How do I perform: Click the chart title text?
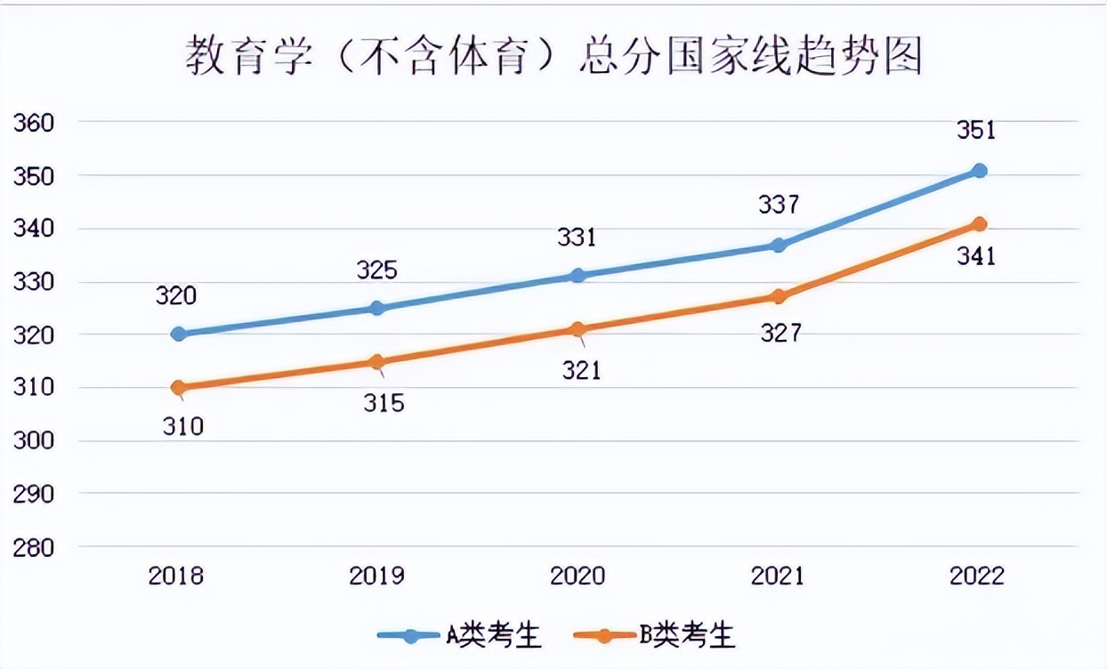coord(553,56)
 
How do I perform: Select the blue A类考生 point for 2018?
coord(178,334)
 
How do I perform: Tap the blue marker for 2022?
coord(979,171)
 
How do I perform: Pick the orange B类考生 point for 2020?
coord(578,329)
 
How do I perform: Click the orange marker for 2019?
coord(376,361)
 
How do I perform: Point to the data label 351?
coord(976,131)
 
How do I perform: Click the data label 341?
coord(976,257)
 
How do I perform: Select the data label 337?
coord(780,206)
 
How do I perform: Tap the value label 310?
coord(183,427)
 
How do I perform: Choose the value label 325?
coord(376,270)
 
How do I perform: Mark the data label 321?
coord(581,369)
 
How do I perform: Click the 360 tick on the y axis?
coord(34,123)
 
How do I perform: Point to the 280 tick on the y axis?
coord(34,546)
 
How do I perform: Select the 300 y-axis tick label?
coord(34,440)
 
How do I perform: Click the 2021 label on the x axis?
coord(777,576)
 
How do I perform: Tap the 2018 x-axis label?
coord(176,576)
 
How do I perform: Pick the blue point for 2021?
coord(778,245)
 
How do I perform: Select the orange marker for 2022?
coord(979,223)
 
